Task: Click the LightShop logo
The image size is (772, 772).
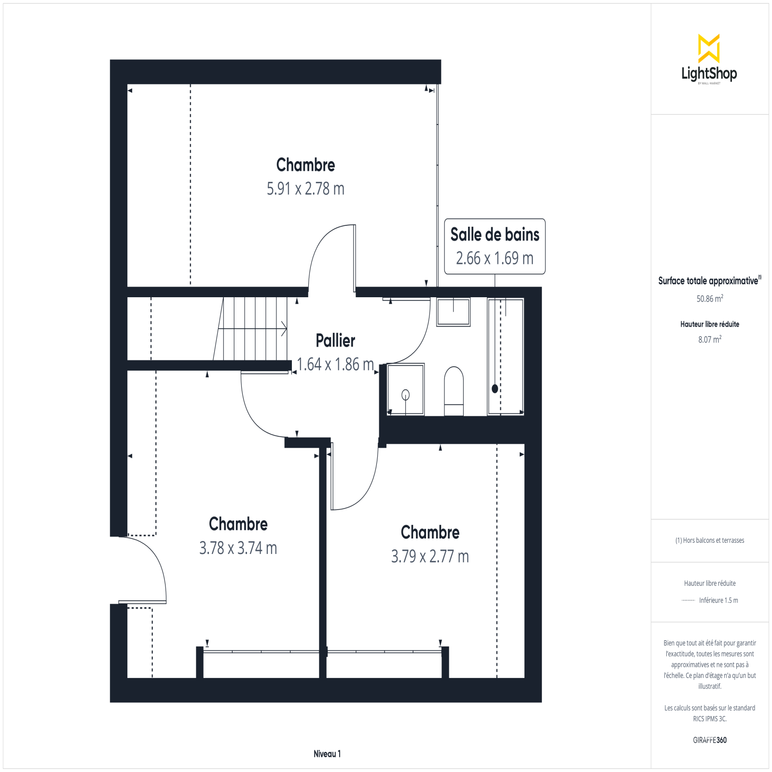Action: click(709, 59)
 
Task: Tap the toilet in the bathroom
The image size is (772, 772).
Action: click(454, 391)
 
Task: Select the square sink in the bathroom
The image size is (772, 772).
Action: click(453, 312)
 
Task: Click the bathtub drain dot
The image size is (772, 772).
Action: click(495, 388)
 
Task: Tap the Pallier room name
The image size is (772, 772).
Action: click(335, 341)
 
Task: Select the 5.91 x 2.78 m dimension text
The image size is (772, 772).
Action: click(305, 189)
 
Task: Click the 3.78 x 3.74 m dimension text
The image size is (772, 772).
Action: click(238, 548)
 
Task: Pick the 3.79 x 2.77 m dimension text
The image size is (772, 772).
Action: click(430, 556)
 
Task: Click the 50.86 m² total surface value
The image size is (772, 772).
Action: click(710, 299)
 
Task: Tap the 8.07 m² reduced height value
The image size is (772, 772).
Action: click(710, 339)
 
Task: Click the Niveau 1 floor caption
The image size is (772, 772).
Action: click(327, 754)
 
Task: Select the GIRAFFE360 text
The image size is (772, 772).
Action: click(710, 740)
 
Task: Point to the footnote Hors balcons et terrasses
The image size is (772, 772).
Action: click(710, 540)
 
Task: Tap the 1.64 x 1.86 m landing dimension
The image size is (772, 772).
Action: click(335, 364)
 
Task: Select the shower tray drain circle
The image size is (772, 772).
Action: click(405, 395)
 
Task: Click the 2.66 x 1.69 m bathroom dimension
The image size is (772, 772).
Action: click(495, 258)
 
